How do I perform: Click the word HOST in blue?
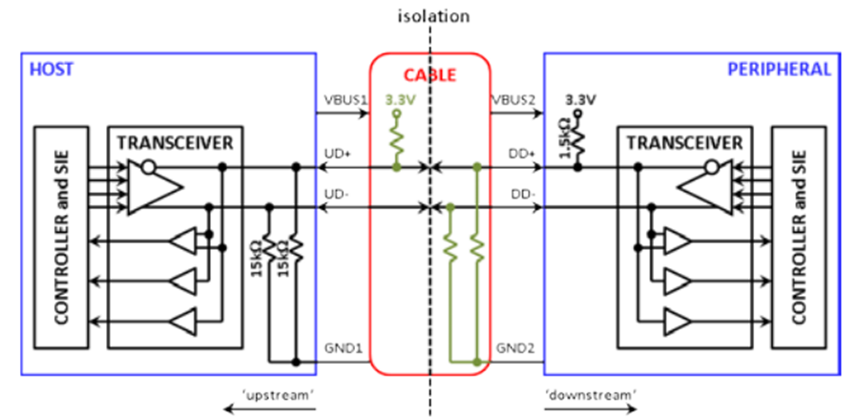point(52,70)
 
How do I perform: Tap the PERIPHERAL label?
point(779,70)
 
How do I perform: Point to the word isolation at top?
point(433,16)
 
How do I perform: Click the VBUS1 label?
point(344,101)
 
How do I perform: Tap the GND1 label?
point(344,347)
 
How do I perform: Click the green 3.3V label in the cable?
point(398,100)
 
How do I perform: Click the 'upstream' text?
point(281,394)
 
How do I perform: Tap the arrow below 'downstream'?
point(591,409)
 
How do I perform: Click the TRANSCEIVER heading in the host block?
point(176,143)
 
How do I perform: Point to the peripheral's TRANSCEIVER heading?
point(684,143)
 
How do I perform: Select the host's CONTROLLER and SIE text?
point(61,237)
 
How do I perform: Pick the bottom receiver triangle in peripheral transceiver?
point(677,320)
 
